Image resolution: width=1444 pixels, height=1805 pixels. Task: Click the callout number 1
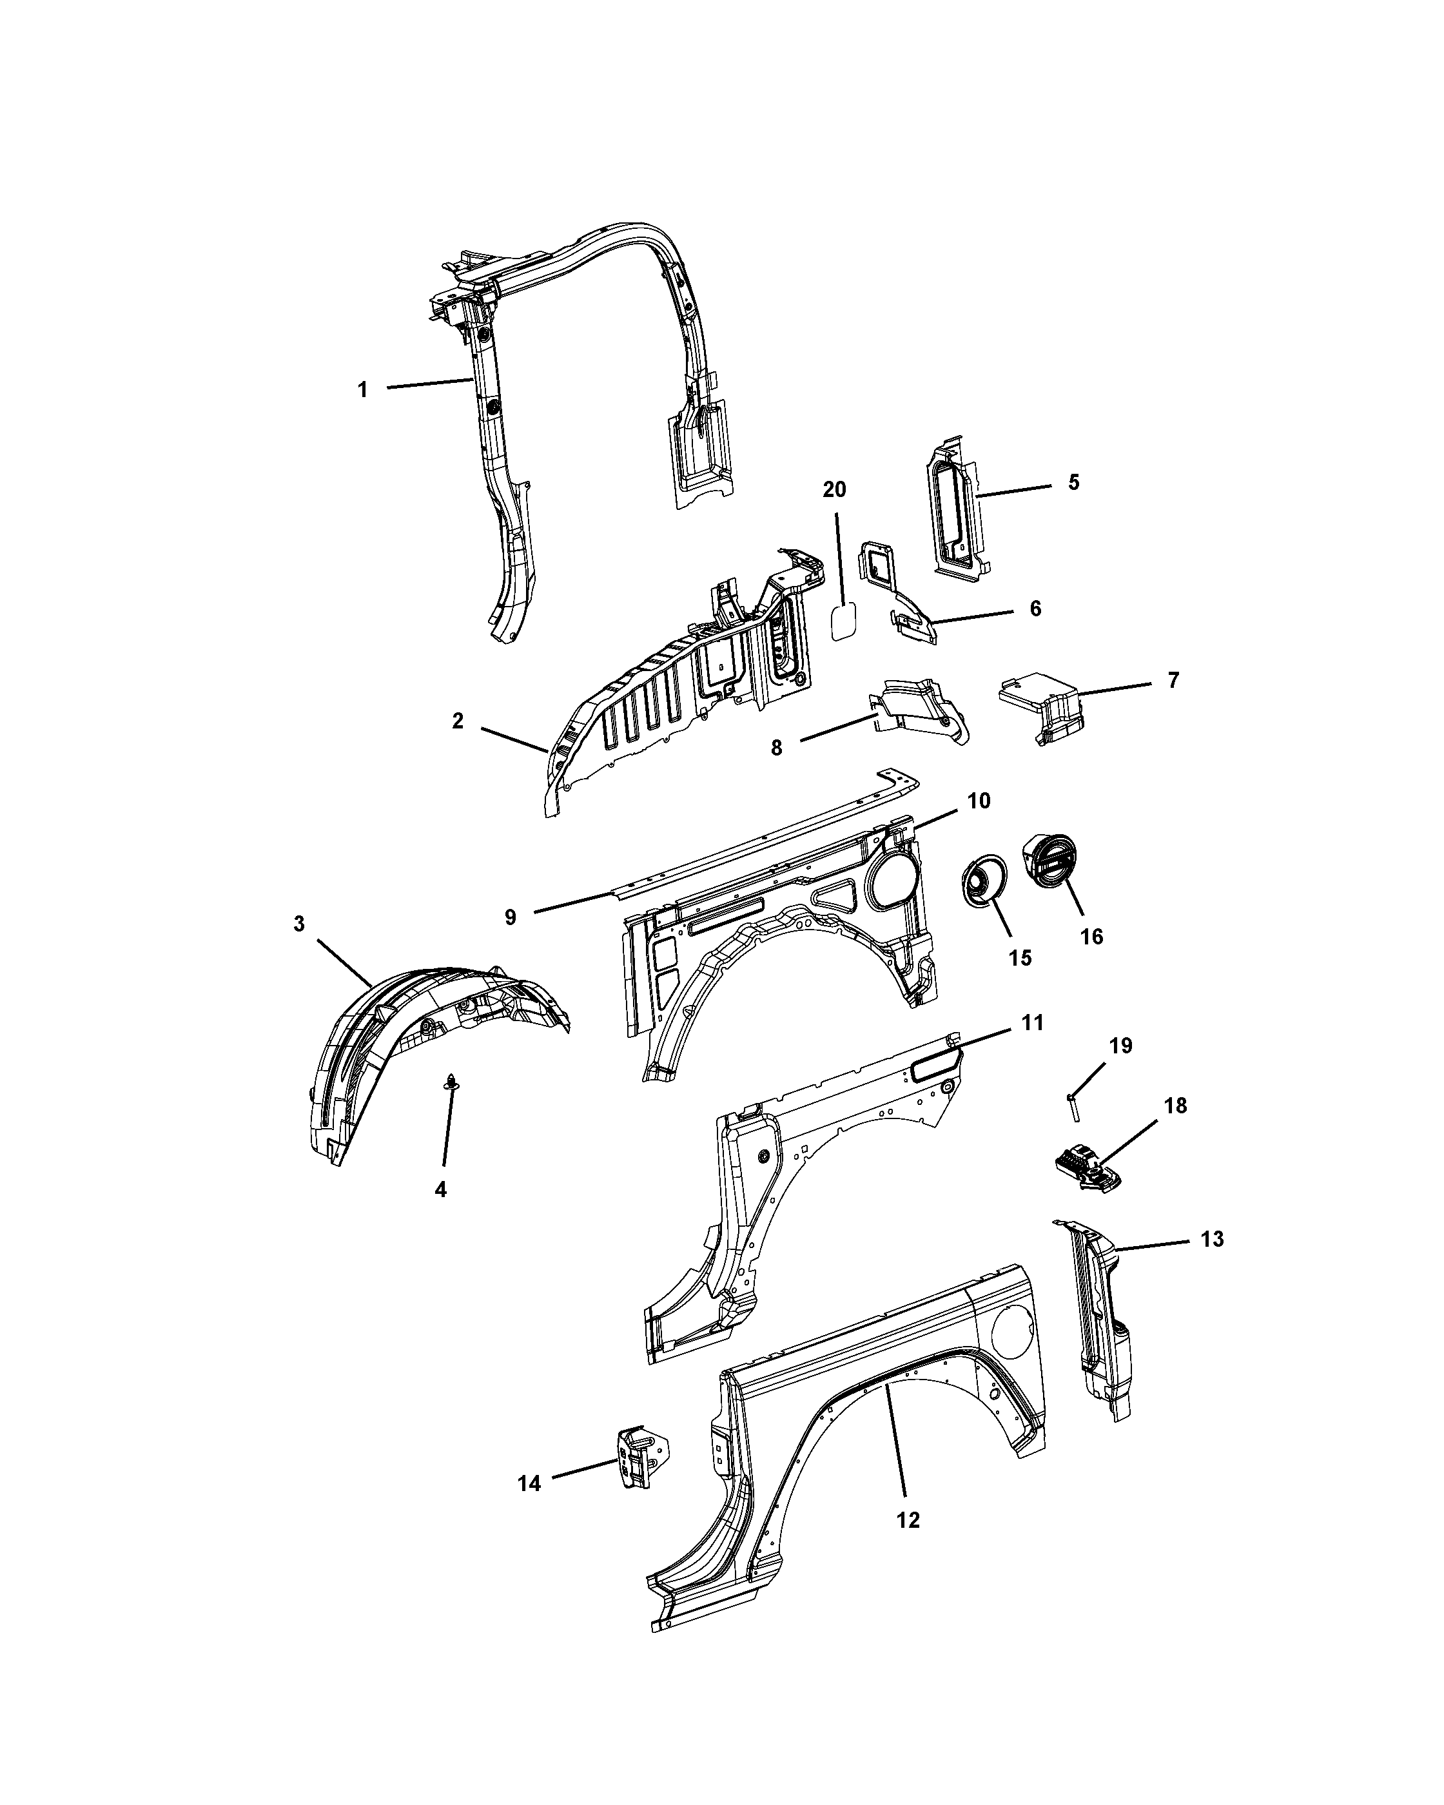362,389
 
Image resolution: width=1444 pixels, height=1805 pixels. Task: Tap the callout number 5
1073,483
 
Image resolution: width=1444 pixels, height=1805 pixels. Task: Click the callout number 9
511,917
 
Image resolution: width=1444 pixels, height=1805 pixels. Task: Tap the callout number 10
979,801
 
